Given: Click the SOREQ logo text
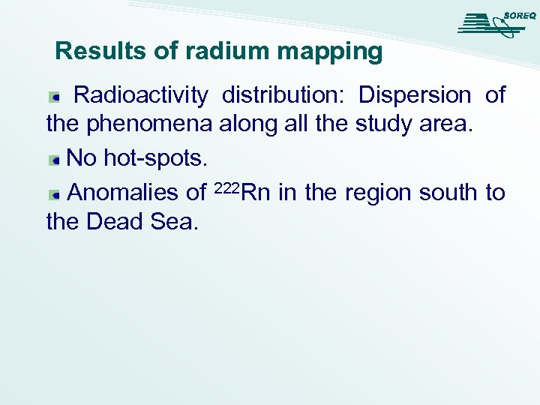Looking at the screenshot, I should click(x=519, y=16).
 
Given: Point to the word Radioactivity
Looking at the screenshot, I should click(x=141, y=95).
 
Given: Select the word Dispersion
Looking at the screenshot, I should click(x=415, y=95).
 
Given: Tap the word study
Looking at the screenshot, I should click(x=379, y=123).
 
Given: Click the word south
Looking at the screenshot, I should click(x=448, y=193).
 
